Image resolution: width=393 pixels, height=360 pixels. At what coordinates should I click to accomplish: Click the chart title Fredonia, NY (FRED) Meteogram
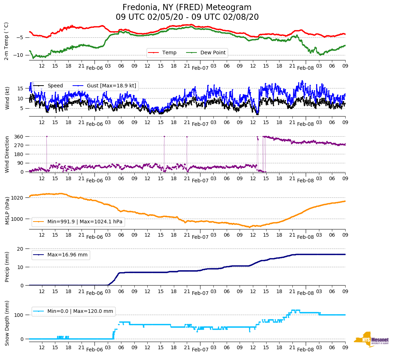187,8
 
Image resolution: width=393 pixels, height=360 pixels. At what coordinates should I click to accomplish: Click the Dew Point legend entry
213,53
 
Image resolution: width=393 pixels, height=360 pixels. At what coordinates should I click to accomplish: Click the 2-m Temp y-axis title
6,41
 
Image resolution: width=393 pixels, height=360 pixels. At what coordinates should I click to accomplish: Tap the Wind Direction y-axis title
7,154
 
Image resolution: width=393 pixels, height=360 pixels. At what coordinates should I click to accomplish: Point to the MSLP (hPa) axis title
7,211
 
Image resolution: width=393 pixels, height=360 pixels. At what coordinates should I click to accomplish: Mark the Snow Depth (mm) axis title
7,323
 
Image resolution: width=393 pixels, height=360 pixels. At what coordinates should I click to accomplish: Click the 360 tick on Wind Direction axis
19,137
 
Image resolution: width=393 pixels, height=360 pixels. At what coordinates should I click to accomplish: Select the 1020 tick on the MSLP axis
18,197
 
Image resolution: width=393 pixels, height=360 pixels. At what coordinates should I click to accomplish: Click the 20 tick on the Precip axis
20,249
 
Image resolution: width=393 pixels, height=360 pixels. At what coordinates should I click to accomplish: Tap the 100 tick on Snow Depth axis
19,315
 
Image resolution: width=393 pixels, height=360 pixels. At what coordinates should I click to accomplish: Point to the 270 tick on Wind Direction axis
19,145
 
